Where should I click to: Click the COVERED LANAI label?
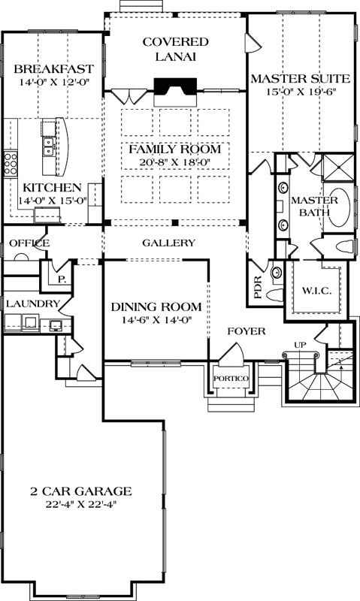175,49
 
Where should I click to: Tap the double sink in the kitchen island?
47,146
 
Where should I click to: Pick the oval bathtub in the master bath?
341,208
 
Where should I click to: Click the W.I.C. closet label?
316,291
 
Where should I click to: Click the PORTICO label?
225,378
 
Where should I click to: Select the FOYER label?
246,330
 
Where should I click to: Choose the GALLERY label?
168,243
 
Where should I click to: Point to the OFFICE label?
29,243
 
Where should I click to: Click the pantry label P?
61,277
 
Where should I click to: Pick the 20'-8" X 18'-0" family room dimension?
174,161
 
